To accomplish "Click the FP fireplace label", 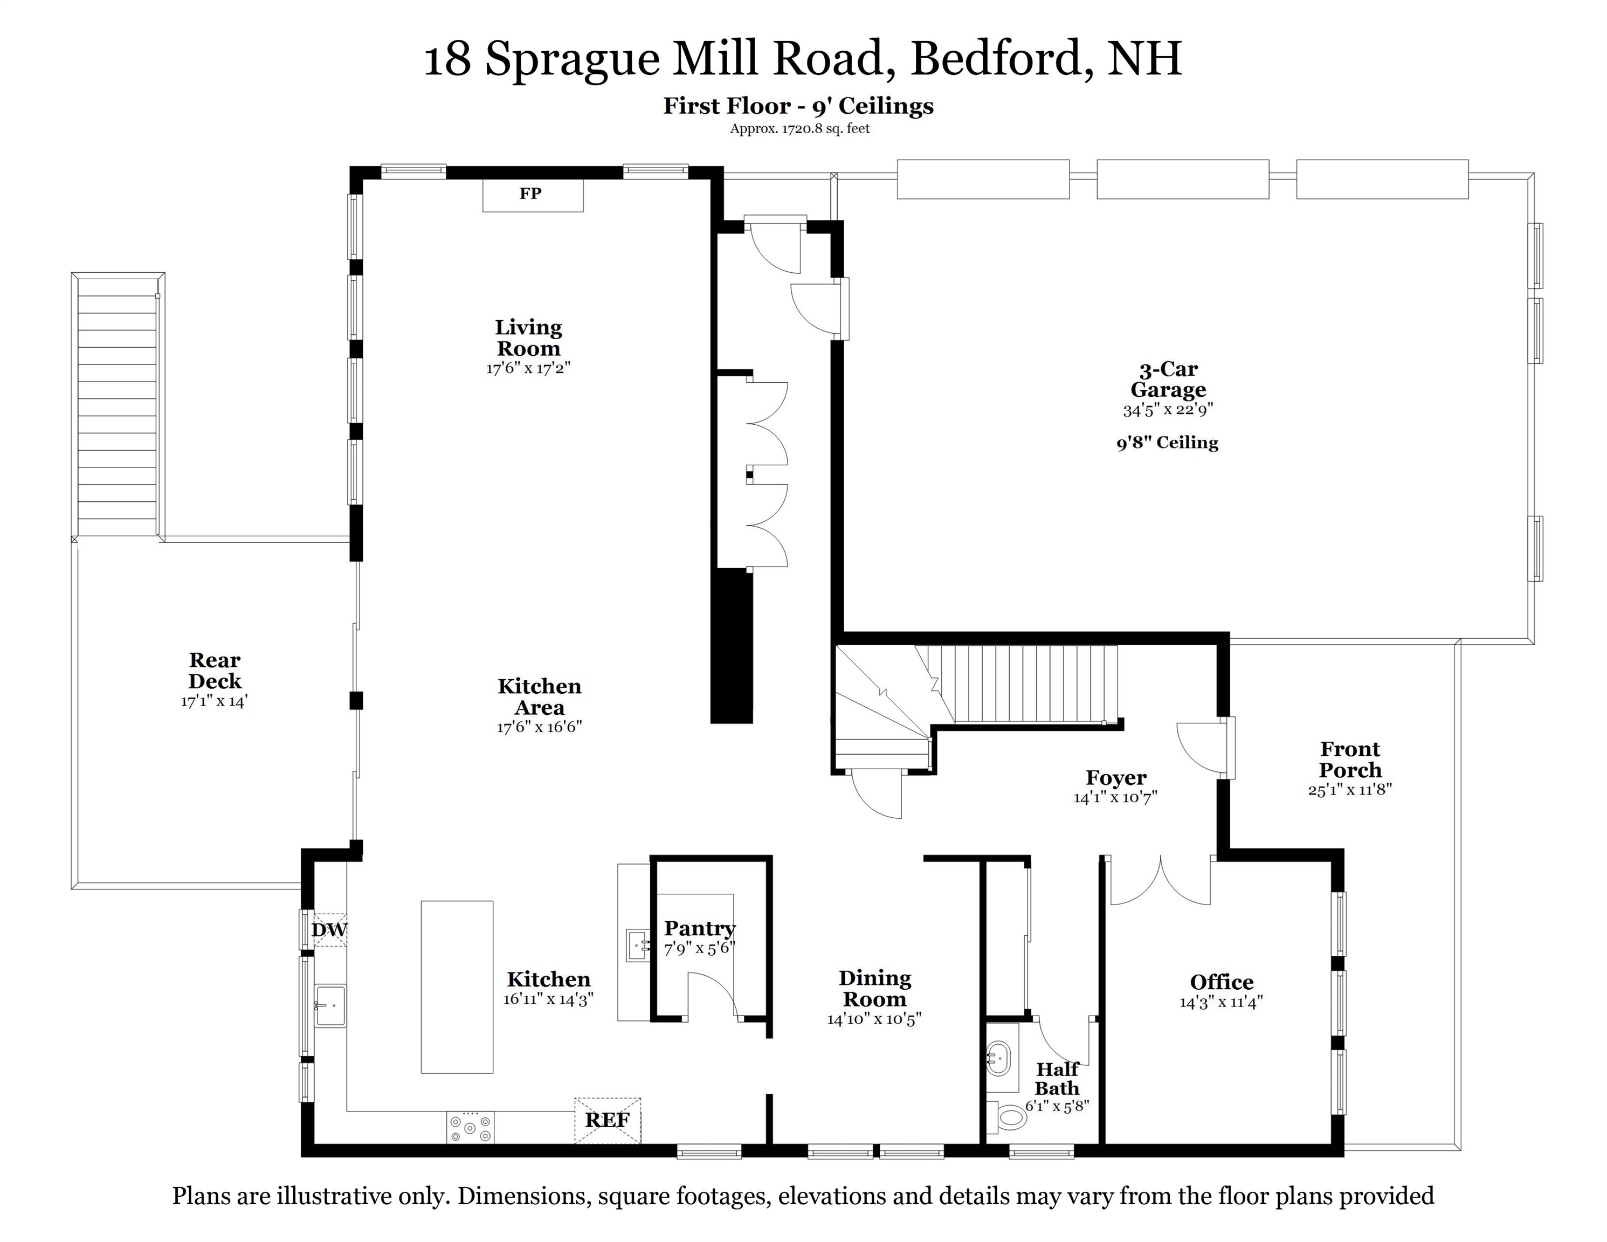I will [530, 194].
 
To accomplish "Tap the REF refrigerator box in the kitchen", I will [607, 1120].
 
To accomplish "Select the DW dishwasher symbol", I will [329, 930].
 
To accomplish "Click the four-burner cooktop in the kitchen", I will [470, 1127].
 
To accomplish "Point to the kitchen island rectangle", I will [456, 986].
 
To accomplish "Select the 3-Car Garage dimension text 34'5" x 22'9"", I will [1168, 410].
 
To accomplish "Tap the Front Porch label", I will [1349, 760].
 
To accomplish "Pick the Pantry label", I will [699, 929].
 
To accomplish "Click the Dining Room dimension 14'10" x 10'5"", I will [874, 1019].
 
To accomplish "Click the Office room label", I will [1222, 982].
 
